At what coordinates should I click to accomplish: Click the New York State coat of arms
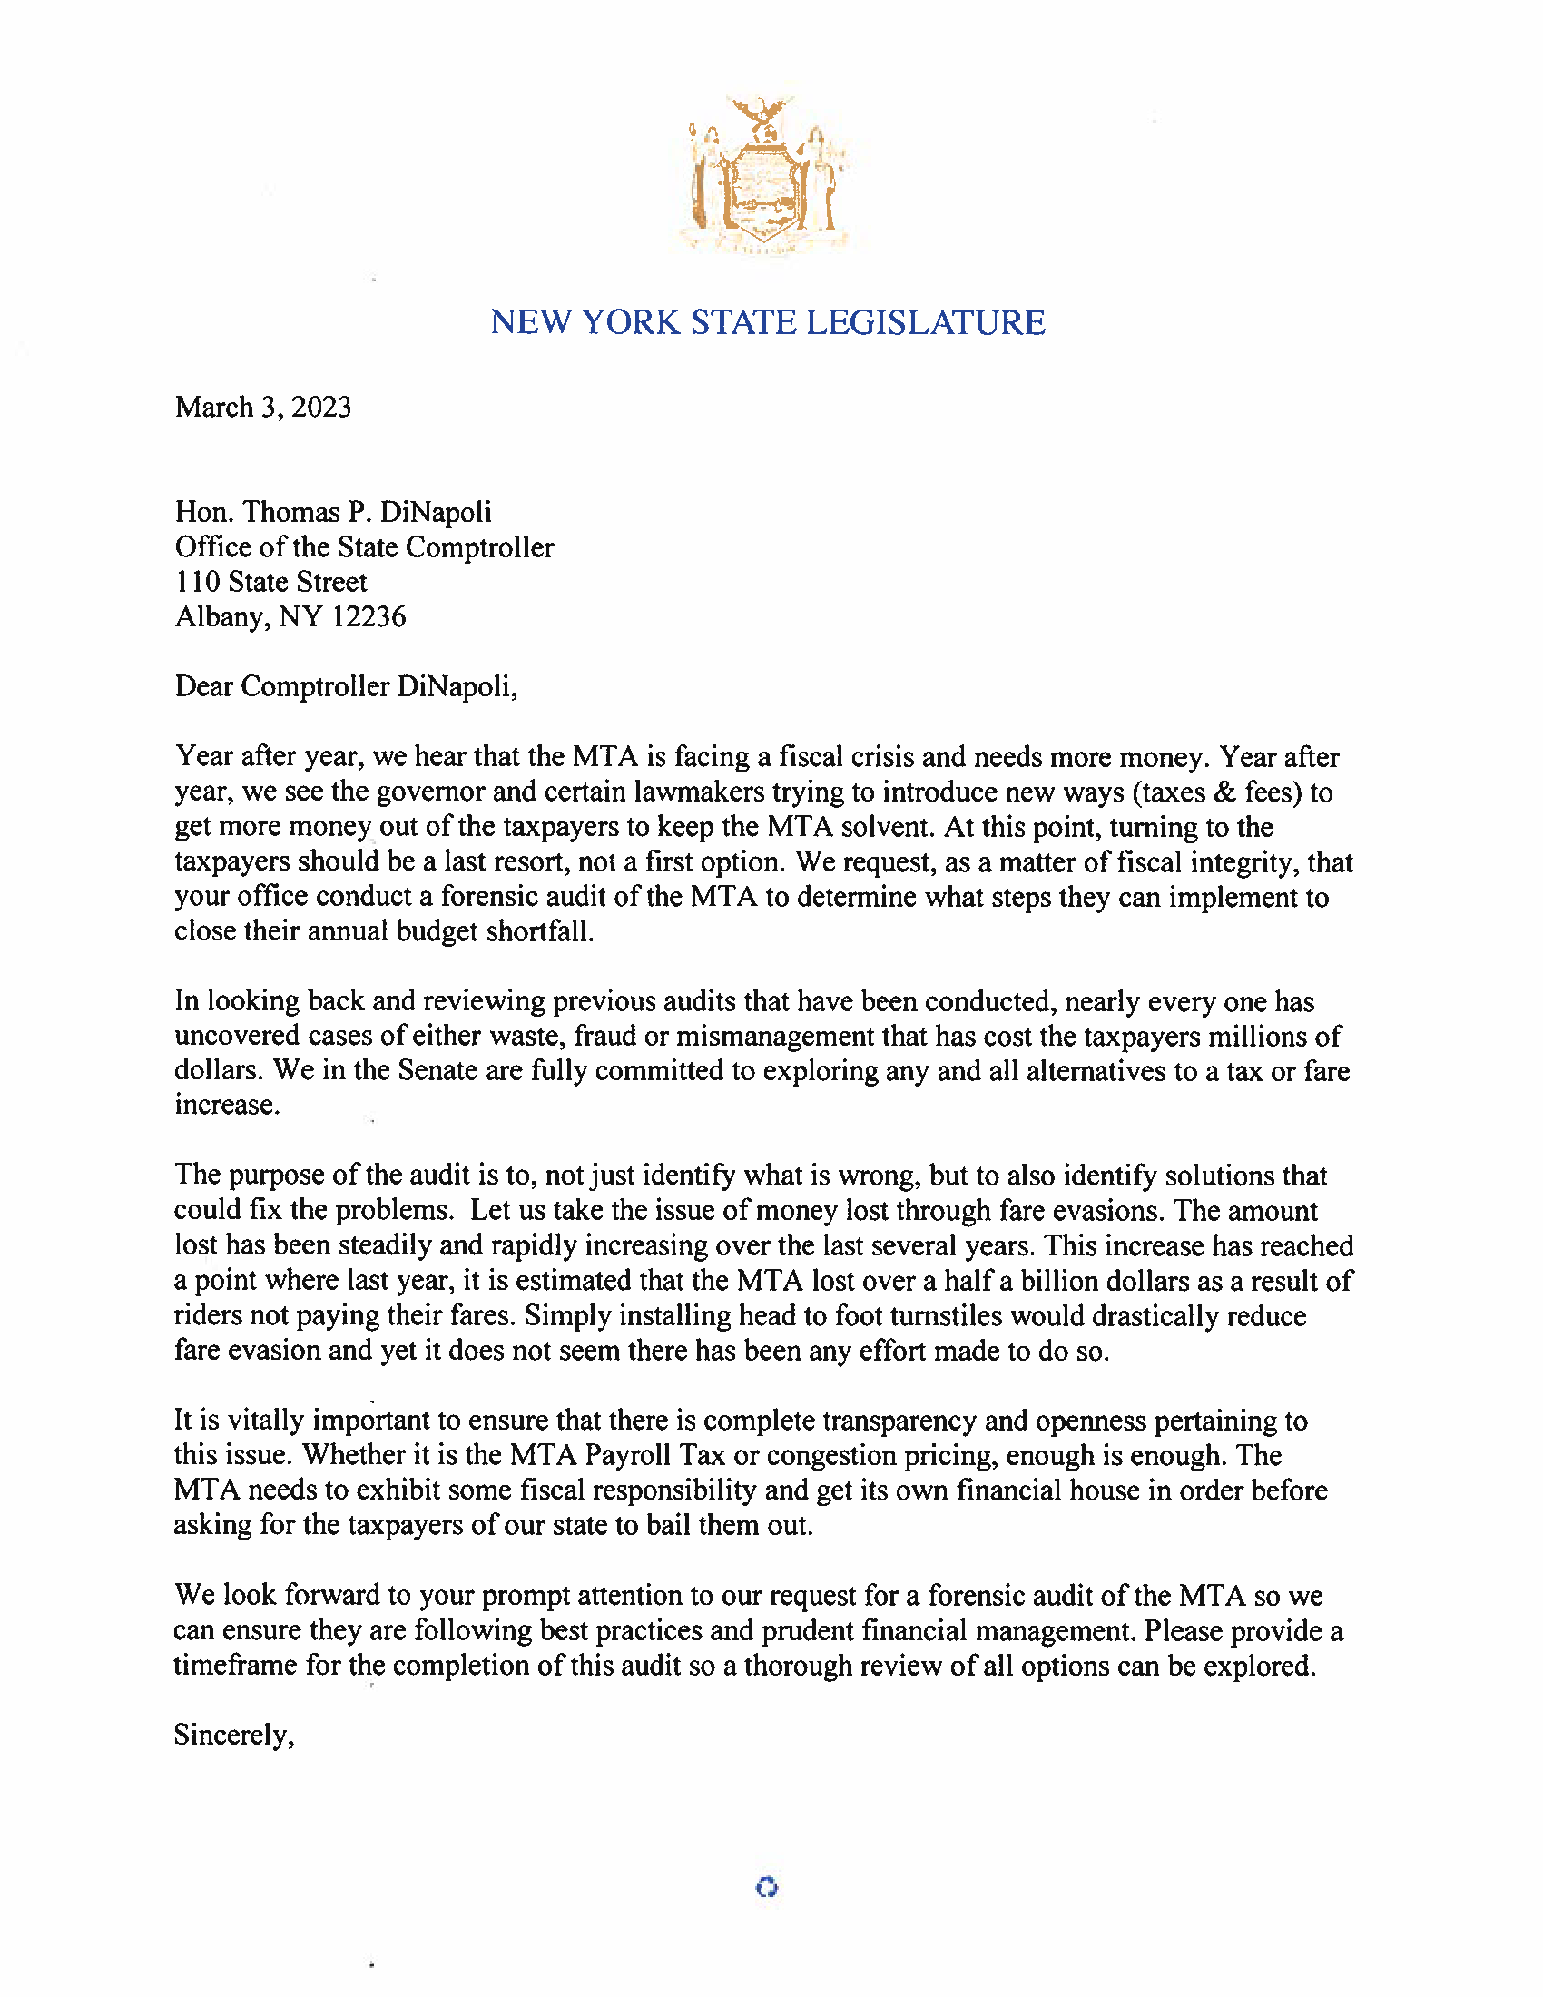766,175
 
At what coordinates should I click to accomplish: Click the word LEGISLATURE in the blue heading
925,323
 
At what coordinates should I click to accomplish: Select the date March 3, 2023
263,407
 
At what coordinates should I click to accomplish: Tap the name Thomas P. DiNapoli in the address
368,512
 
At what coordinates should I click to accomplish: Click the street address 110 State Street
270,583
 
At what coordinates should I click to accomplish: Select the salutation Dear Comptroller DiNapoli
346,687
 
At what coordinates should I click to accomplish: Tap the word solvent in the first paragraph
885,827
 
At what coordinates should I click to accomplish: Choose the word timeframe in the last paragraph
235,1665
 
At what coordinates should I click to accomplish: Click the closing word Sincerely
234,1735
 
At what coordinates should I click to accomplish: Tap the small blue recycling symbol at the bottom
767,1887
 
